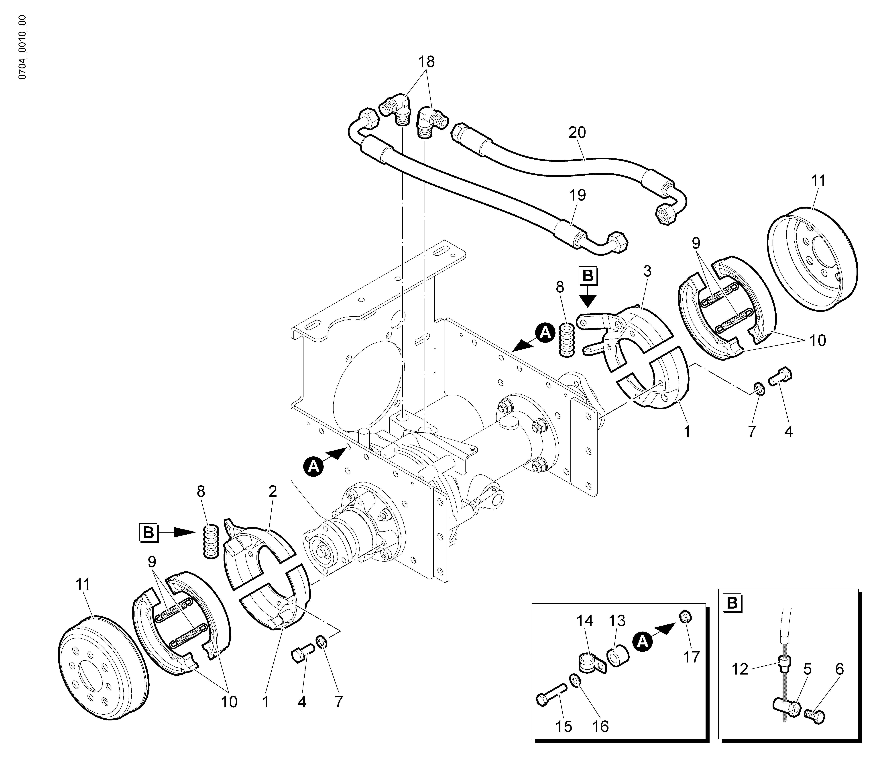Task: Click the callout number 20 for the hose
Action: [577, 133]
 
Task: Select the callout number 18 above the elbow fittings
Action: [426, 62]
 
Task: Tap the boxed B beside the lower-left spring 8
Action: [149, 533]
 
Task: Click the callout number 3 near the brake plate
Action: [648, 271]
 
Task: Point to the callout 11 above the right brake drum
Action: [818, 181]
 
